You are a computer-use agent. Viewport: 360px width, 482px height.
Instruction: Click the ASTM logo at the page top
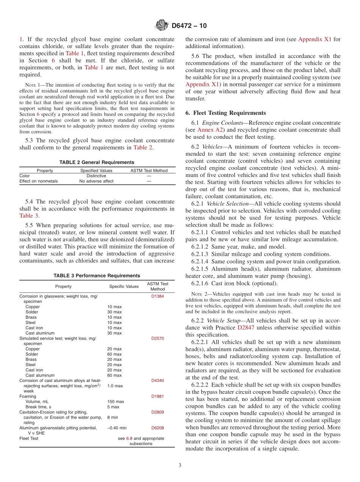(162, 25)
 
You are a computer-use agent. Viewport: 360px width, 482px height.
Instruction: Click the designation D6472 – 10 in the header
(189, 26)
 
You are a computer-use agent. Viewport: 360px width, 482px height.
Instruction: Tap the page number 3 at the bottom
(180, 465)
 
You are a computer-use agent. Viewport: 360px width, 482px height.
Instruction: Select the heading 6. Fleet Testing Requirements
(225, 113)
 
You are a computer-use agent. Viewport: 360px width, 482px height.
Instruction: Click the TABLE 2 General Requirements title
(97, 162)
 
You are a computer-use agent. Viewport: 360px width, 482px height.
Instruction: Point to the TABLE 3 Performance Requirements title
(97, 275)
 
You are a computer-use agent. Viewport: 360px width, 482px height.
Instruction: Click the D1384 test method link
(158, 296)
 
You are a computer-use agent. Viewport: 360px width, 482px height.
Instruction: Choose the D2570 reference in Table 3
(158, 338)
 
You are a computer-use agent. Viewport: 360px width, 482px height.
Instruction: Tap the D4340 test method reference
(158, 380)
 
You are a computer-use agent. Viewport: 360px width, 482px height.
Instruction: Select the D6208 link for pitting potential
(158, 428)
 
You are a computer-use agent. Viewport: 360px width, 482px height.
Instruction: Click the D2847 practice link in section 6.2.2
(246, 327)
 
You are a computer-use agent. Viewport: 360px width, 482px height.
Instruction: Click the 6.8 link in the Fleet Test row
(129, 438)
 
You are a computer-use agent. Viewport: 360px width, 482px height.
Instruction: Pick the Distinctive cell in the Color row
(96, 176)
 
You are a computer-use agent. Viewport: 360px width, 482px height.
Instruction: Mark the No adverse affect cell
(96, 181)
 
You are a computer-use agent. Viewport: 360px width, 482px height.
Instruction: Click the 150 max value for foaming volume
(115, 402)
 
